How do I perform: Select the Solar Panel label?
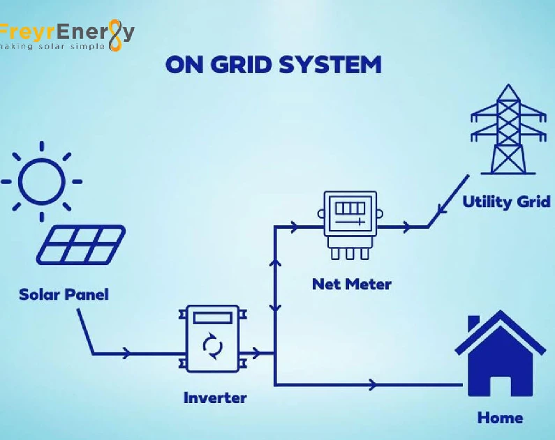pos(64,294)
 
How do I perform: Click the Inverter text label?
pos(215,398)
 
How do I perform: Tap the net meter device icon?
pos(350,225)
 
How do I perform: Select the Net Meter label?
pos(352,285)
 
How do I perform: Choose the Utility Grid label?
pos(506,202)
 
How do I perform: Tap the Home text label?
pos(500,418)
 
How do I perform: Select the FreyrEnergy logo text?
pos(67,31)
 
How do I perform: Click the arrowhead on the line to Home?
pos(374,384)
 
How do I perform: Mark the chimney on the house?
pos(474,324)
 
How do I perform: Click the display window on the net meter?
pos(350,208)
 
